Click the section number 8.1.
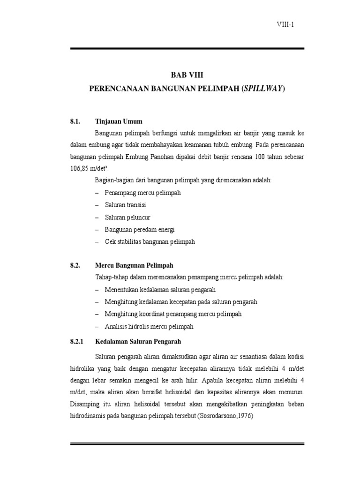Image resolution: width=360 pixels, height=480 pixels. click(x=76, y=121)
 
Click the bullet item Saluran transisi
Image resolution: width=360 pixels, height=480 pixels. click(x=125, y=205)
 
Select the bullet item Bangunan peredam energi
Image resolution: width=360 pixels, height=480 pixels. click(x=139, y=230)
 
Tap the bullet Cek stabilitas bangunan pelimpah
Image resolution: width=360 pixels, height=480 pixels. click(x=149, y=242)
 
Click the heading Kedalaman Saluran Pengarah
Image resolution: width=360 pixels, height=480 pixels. click(x=138, y=341)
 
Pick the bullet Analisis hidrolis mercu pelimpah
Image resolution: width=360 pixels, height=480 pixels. click(x=149, y=326)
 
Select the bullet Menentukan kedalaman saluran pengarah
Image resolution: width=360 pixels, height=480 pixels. click(x=160, y=290)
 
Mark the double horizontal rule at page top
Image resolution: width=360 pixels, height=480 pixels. click(x=187, y=48)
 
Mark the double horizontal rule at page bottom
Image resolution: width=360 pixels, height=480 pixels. click(x=187, y=443)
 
